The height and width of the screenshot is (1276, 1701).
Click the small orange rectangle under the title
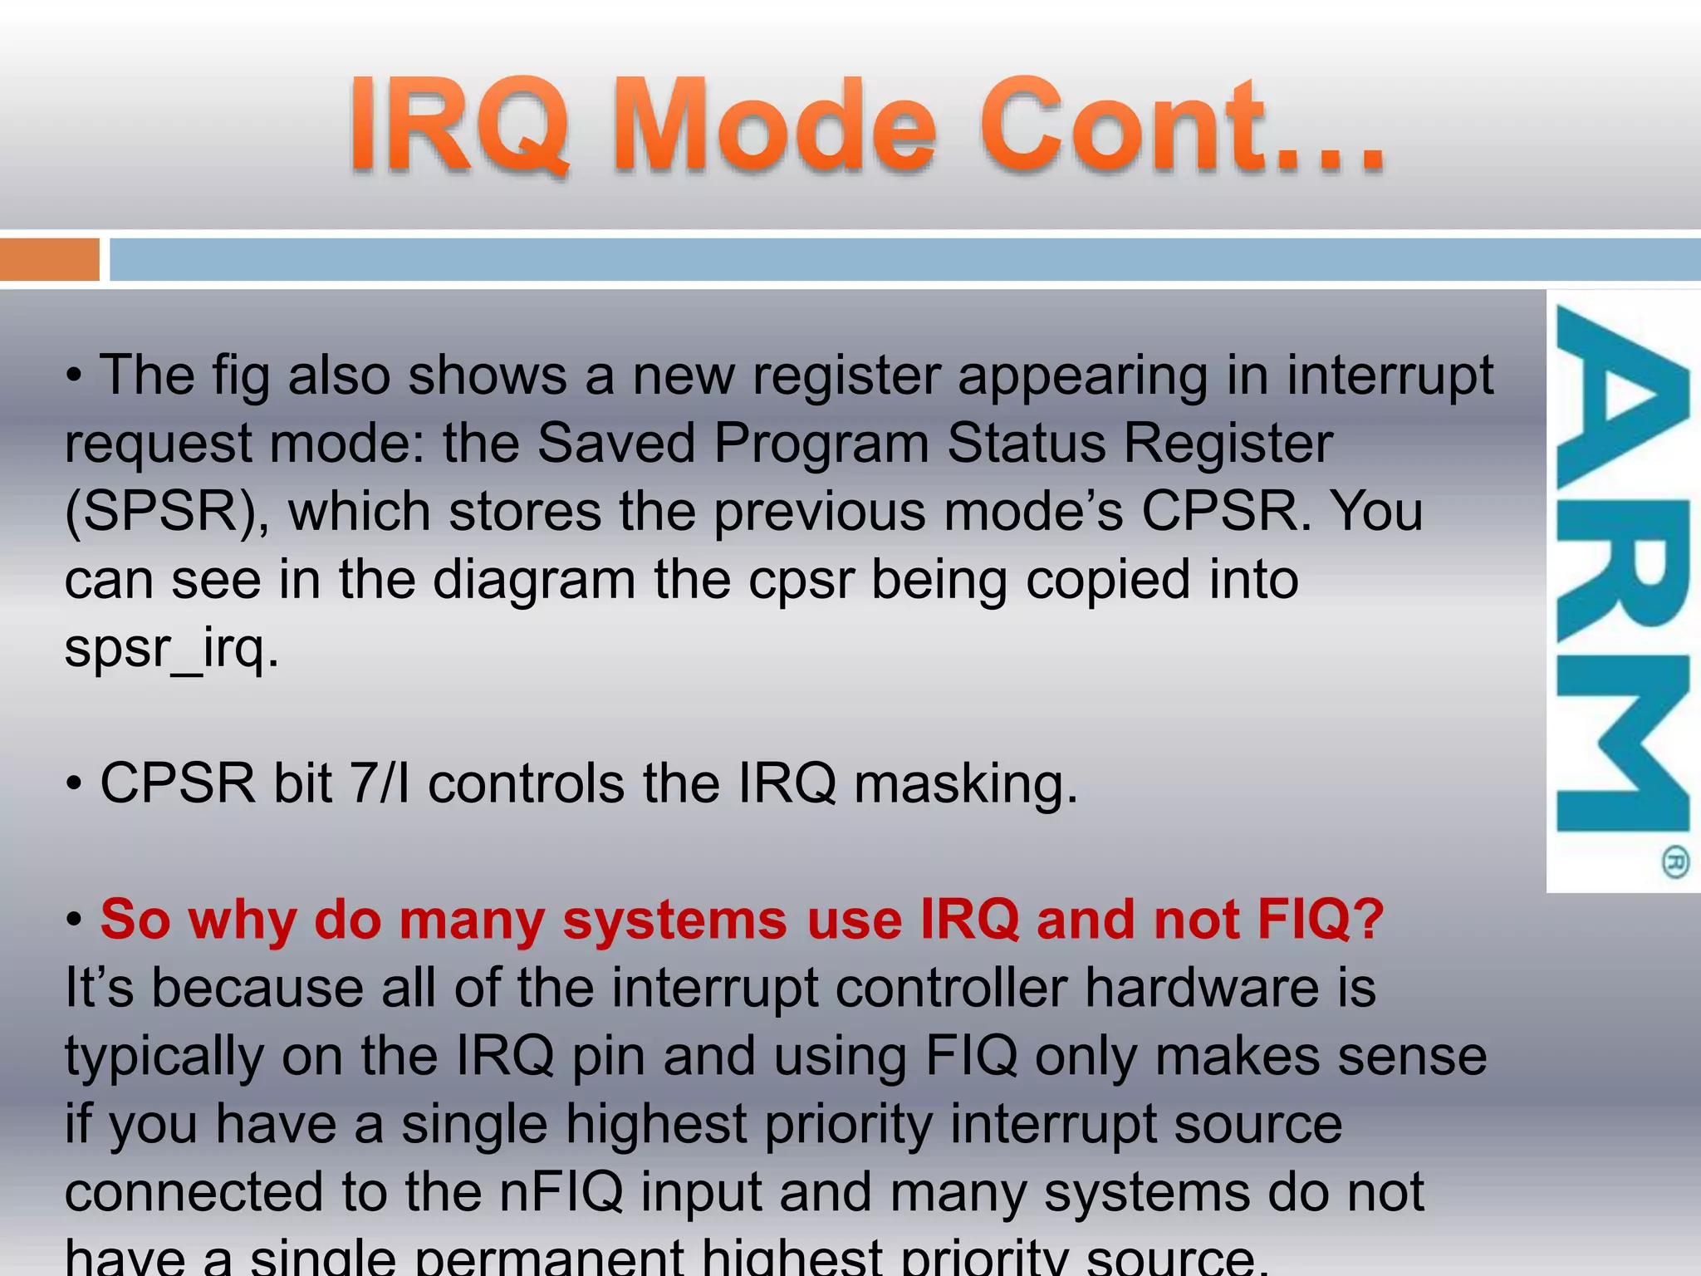point(49,260)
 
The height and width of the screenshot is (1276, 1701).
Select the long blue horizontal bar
point(905,260)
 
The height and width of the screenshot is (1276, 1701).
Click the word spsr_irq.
point(172,648)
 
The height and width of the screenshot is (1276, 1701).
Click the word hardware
point(1201,989)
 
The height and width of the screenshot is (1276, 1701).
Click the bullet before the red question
point(75,920)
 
